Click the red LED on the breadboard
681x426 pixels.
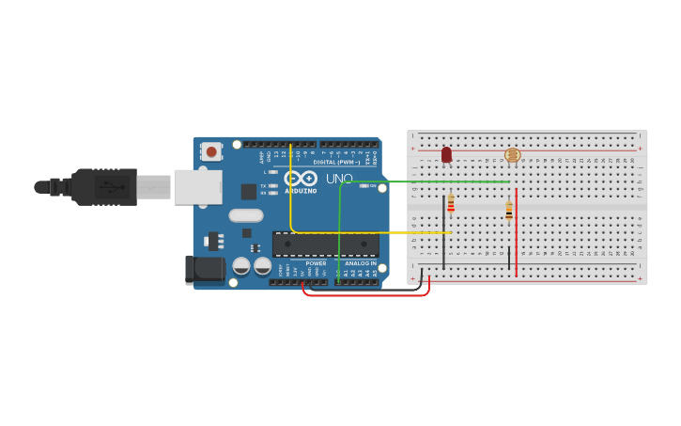[x=446, y=154]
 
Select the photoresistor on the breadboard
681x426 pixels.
[x=512, y=155]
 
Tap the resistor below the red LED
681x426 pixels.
[x=451, y=204]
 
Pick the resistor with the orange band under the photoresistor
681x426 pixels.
[x=509, y=211]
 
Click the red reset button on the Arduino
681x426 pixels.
[x=211, y=151]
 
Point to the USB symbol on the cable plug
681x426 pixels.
[x=113, y=186]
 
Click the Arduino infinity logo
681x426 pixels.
[x=301, y=178]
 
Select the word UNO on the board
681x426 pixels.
[x=339, y=179]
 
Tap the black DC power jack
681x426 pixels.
[x=206, y=270]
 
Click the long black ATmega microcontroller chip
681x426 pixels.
[x=326, y=245]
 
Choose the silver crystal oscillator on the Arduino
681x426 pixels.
[x=246, y=215]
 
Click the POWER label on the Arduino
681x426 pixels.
[x=316, y=263]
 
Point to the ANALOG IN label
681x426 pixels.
[x=360, y=263]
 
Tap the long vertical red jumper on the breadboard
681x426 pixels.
[x=516, y=230]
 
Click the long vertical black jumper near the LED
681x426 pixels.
[x=443, y=230]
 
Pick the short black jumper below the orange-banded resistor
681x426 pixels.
[x=509, y=259]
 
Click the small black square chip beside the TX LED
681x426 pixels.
[x=249, y=191]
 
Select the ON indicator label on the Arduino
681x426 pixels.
[x=374, y=186]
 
